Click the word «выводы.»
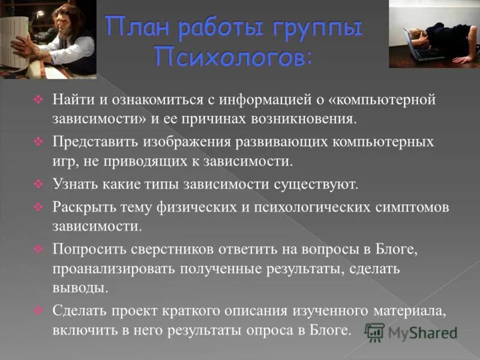coord(80,288)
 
